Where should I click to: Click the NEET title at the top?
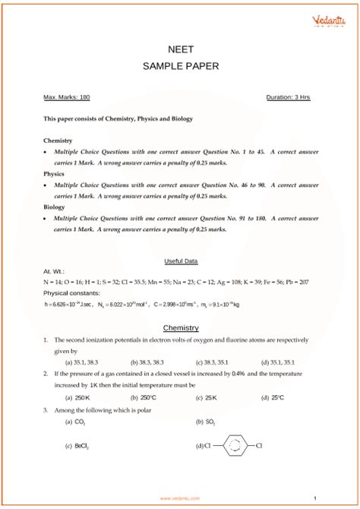180,48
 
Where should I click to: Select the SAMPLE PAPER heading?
180,66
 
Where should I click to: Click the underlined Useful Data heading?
181,261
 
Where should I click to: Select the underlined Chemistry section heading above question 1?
181,328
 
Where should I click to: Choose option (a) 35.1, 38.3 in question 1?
82,362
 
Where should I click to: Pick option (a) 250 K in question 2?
77,397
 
